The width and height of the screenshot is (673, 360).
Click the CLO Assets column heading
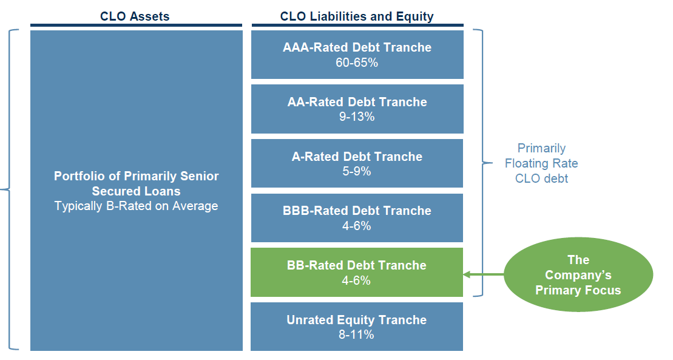[x=135, y=16]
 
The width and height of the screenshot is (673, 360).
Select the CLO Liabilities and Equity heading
[x=357, y=16]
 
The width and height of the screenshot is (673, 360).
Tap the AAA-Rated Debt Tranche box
[x=357, y=55]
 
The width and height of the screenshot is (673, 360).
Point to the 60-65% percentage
[x=357, y=63]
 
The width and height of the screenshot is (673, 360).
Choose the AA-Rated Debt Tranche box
[x=357, y=109]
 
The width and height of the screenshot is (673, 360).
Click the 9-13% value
[x=357, y=117]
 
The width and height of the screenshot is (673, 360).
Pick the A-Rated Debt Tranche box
[x=357, y=163]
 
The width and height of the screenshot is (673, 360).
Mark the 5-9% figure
[x=357, y=171]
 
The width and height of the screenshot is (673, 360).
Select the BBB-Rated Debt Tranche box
[x=357, y=218]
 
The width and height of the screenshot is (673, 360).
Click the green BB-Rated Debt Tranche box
[x=357, y=273]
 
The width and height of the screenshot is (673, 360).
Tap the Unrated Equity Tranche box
[x=357, y=327]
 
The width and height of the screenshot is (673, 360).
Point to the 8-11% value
[x=356, y=335]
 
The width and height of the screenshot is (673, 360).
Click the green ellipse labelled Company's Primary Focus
[x=578, y=274]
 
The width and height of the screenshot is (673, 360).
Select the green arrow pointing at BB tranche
[x=484, y=274]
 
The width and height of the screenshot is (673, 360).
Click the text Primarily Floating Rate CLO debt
[x=541, y=163]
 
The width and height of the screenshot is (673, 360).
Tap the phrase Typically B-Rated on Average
[x=136, y=206]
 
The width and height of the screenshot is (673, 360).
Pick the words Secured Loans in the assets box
[x=136, y=191]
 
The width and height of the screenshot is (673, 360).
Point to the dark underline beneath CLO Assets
[x=136, y=25]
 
